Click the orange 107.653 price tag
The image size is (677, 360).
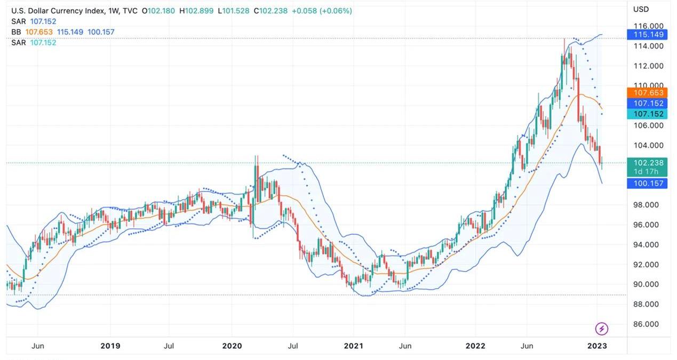[x=648, y=93]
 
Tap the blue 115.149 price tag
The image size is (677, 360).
[x=648, y=35]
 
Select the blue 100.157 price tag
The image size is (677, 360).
[x=648, y=183]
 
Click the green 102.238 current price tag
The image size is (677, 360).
[x=648, y=163]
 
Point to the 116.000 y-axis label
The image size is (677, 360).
[x=648, y=26]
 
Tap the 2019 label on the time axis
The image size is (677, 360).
[x=110, y=346]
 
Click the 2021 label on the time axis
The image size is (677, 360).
[x=353, y=346]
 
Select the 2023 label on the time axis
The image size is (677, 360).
[x=597, y=346]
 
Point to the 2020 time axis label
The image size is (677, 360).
[x=232, y=346]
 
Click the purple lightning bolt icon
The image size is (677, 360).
[x=601, y=329]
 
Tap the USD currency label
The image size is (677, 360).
[x=641, y=9]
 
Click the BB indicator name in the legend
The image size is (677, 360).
[x=16, y=32]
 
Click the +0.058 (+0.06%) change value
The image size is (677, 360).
[x=322, y=11]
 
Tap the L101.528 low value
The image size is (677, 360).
[x=234, y=11]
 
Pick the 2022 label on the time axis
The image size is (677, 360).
[x=475, y=346]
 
